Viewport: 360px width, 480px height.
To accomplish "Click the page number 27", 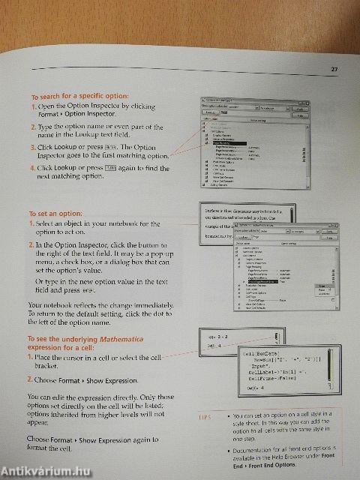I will (x=335, y=70).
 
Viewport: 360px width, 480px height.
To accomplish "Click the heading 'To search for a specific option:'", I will (x=79, y=97).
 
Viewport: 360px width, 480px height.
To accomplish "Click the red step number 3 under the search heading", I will (x=34, y=147).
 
